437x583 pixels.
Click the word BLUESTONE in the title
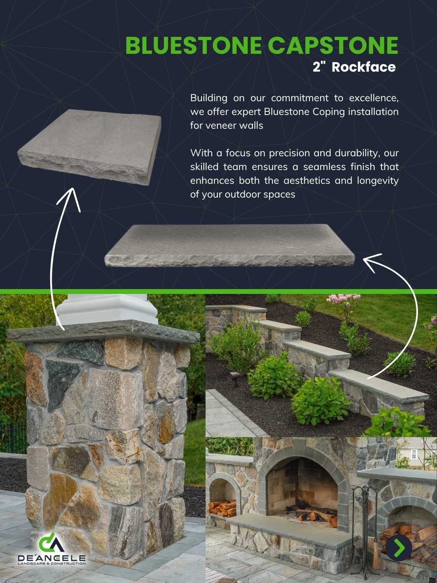pyautogui.click(x=193, y=45)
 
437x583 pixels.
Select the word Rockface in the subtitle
pyautogui.click(x=363, y=67)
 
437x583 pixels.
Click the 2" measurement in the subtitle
pyautogui.click(x=319, y=67)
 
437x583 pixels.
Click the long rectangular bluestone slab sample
pyautogui.click(x=229, y=245)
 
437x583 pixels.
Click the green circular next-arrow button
pyautogui.click(x=399, y=548)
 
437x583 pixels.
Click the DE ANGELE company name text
pyautogui.click(x=51, y=558)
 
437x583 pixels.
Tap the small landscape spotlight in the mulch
pyautogui.click(x=233, y=377)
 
